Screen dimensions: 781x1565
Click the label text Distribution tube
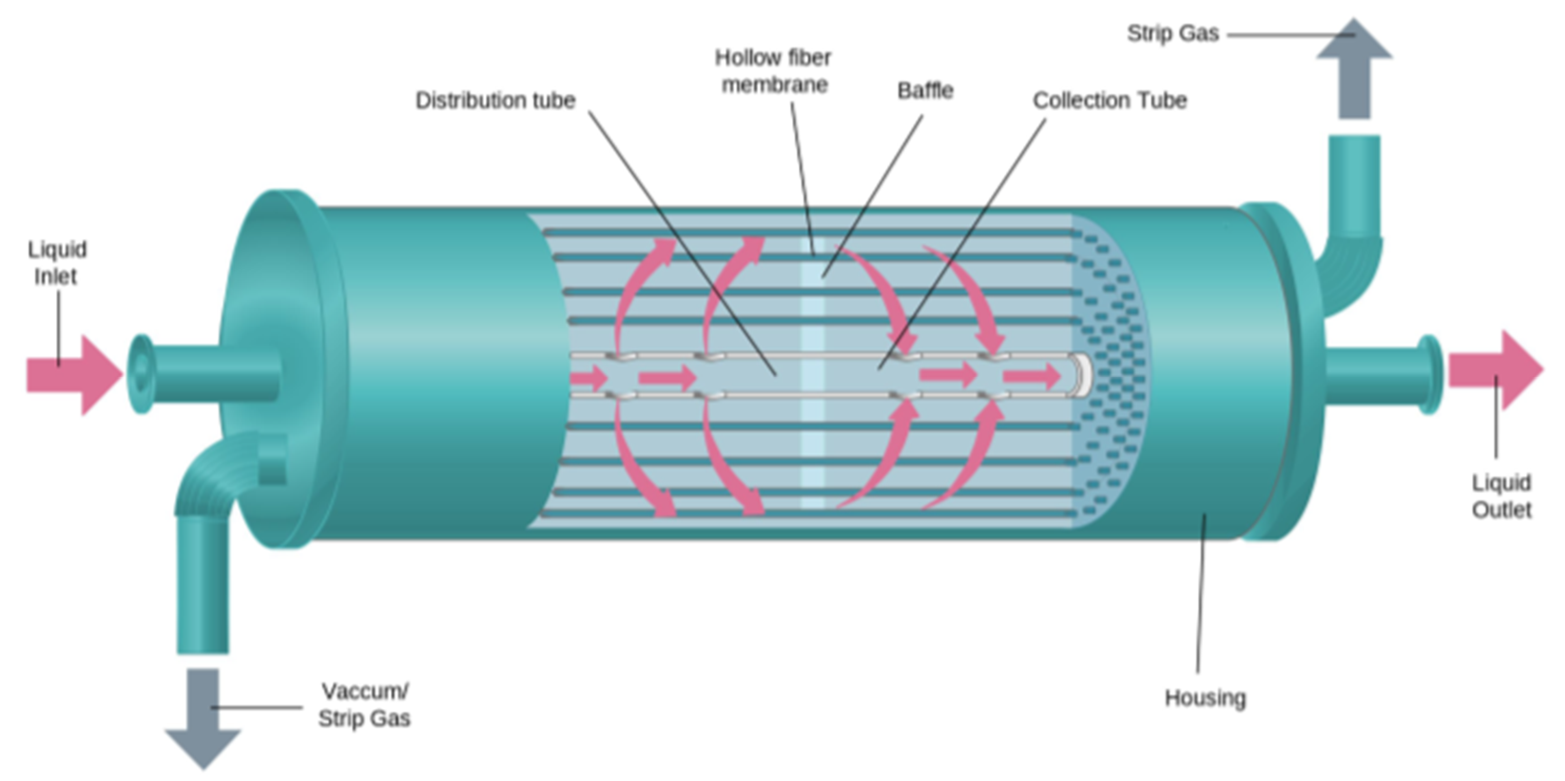[x=495, y=100]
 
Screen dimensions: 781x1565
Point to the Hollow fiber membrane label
[x=773, y=71]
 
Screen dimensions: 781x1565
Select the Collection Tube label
[x=1110, y=100]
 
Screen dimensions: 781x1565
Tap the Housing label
[x=1205, y=698]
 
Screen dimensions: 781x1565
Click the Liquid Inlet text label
[x=57, y=263]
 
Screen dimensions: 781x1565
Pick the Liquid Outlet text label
[x=1501, y=496]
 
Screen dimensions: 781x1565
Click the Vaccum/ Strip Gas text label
[x=365, y=704]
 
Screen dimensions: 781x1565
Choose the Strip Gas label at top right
[x=1172, y=33]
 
